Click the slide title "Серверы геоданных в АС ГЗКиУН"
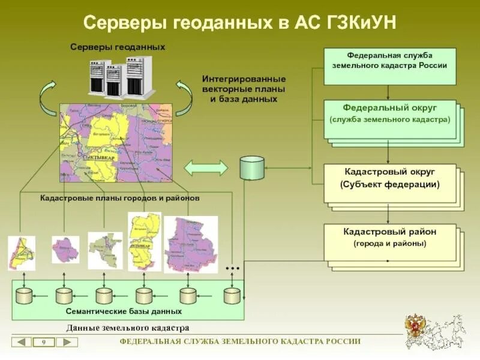[239, 24]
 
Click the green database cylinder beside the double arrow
[251, 168]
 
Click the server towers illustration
[124, 77]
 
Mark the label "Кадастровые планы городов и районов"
[119, 197]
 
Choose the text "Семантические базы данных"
[124, 311]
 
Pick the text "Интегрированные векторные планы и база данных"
[244, 89]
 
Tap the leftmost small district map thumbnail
[21, 253]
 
